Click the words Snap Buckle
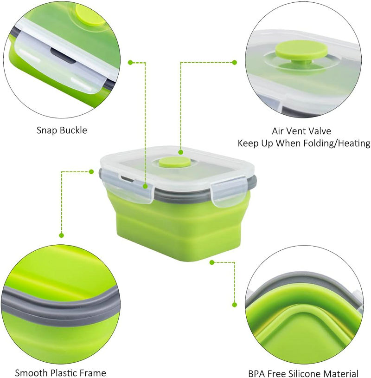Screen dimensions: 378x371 point(62,130)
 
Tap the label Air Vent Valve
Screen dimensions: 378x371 point(302,131)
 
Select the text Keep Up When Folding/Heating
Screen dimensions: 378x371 point(304,143)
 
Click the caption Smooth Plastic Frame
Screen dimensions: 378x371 point(60,372)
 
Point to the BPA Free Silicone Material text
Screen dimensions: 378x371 point(303,373)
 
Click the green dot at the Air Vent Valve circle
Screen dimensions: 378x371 point(235,62)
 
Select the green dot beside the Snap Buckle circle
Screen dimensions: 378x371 point(130,61)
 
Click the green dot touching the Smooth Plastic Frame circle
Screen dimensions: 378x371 point(61,235)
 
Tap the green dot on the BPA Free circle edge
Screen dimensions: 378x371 point(235,305)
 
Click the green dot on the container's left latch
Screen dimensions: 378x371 point(145,186)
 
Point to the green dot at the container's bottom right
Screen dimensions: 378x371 point(211,262)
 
